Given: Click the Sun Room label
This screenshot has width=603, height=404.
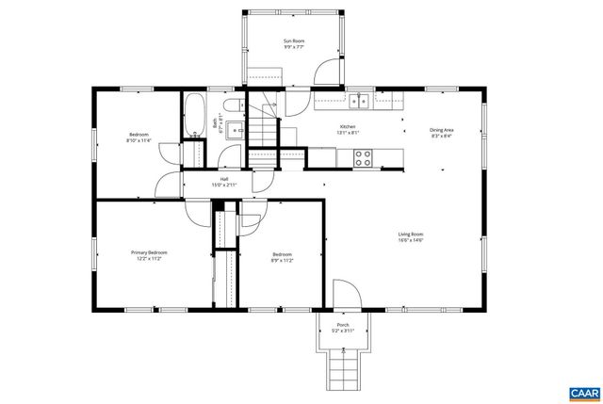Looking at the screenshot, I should click(x=294, y=40).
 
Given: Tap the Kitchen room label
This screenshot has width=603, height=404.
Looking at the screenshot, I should click(x=348, y=126).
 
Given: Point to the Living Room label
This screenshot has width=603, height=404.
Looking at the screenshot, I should click(x=409, y=234).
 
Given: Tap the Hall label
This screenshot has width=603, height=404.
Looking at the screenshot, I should click(x=224, y=179).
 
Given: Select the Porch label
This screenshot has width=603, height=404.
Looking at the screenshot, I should click(x=341, y=325).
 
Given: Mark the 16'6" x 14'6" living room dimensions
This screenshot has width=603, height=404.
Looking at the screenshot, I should click(x=409, y=240).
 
